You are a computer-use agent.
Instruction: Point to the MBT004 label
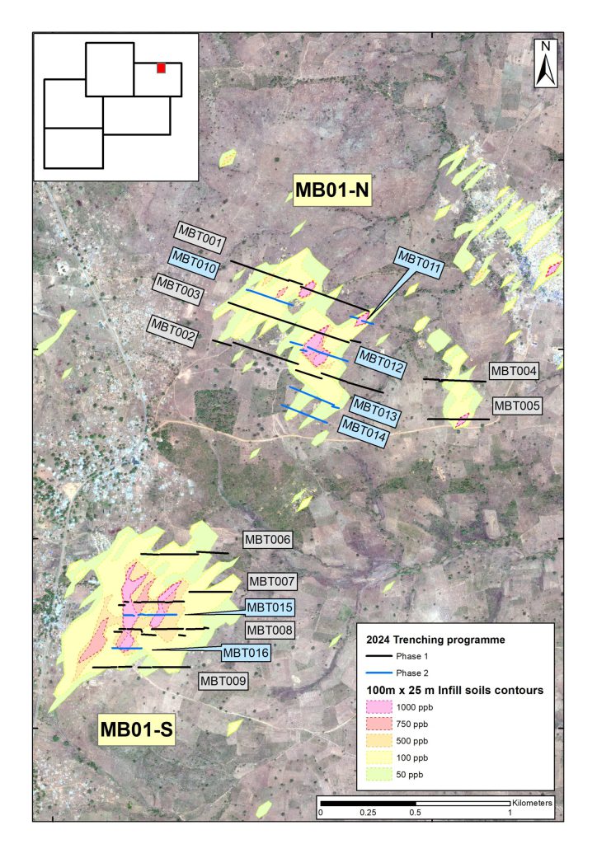514,371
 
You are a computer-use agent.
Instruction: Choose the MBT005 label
516,406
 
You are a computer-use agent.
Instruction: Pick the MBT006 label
268,540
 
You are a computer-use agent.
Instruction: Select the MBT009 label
222,681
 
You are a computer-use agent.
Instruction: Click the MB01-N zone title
331,192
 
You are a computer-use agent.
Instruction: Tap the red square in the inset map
162,68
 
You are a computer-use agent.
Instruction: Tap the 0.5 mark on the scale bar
415,812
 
